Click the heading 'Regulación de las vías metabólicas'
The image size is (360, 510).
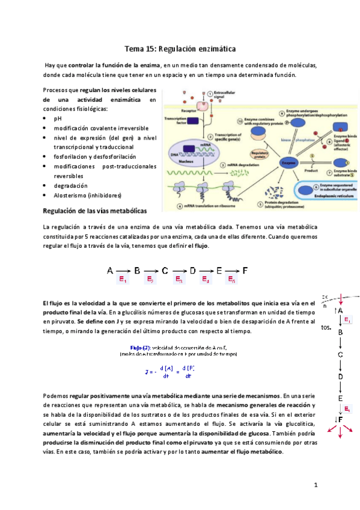[95, 211]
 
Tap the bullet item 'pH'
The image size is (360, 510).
[58, 118]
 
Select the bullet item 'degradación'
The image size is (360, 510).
[70, 186]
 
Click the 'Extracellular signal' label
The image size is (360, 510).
[225, 95]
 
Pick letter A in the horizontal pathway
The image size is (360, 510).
[110, 271]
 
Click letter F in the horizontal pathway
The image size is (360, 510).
[245, 271]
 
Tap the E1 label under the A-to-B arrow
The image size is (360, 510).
[123, 280]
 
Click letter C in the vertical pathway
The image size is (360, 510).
[340, 354]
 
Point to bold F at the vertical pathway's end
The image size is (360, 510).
[340, 419]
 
